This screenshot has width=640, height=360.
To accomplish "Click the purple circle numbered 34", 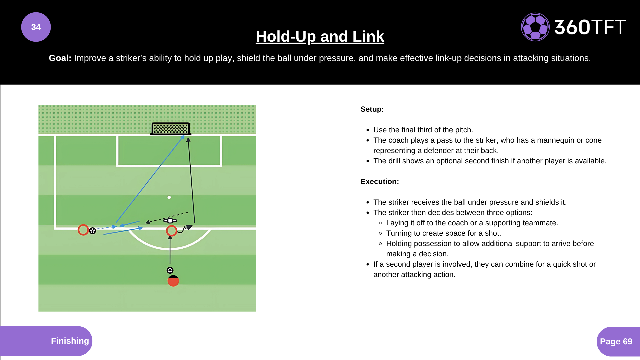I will click(x=36, y=27).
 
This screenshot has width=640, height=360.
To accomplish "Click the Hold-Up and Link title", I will click(x=320, y=36).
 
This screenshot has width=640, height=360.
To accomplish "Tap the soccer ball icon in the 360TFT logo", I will click(x=535, y=27).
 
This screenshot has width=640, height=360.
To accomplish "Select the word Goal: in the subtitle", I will click(x=60, y=58).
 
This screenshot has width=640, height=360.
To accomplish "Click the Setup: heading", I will click(x=372, y=109).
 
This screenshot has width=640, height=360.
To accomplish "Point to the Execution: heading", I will click(x=379, y=182).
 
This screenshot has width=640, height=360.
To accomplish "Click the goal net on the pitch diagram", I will click(x=171, y=128).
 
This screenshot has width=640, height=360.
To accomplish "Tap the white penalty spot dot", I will click(x=169, y=197).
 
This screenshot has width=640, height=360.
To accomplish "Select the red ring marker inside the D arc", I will click(x=171, y=231).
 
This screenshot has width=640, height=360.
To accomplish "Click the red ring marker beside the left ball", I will click(x=83, y=230).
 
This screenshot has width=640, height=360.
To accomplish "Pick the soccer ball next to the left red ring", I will click(x=93, y=231).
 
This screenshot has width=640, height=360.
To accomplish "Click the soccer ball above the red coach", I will click(x=170, y=270).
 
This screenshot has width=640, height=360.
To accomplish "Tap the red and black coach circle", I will click(x=173, y=281).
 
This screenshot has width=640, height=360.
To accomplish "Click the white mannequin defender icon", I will click(x=170, y=221).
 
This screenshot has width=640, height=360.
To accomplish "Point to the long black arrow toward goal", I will click(x=191, y=180).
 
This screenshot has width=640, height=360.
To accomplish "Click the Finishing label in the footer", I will click(x=70, y=341).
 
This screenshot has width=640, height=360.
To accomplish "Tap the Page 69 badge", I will click(x=616, y=341).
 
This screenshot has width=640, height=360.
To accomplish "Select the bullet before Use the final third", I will click(x=368, y=130).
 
